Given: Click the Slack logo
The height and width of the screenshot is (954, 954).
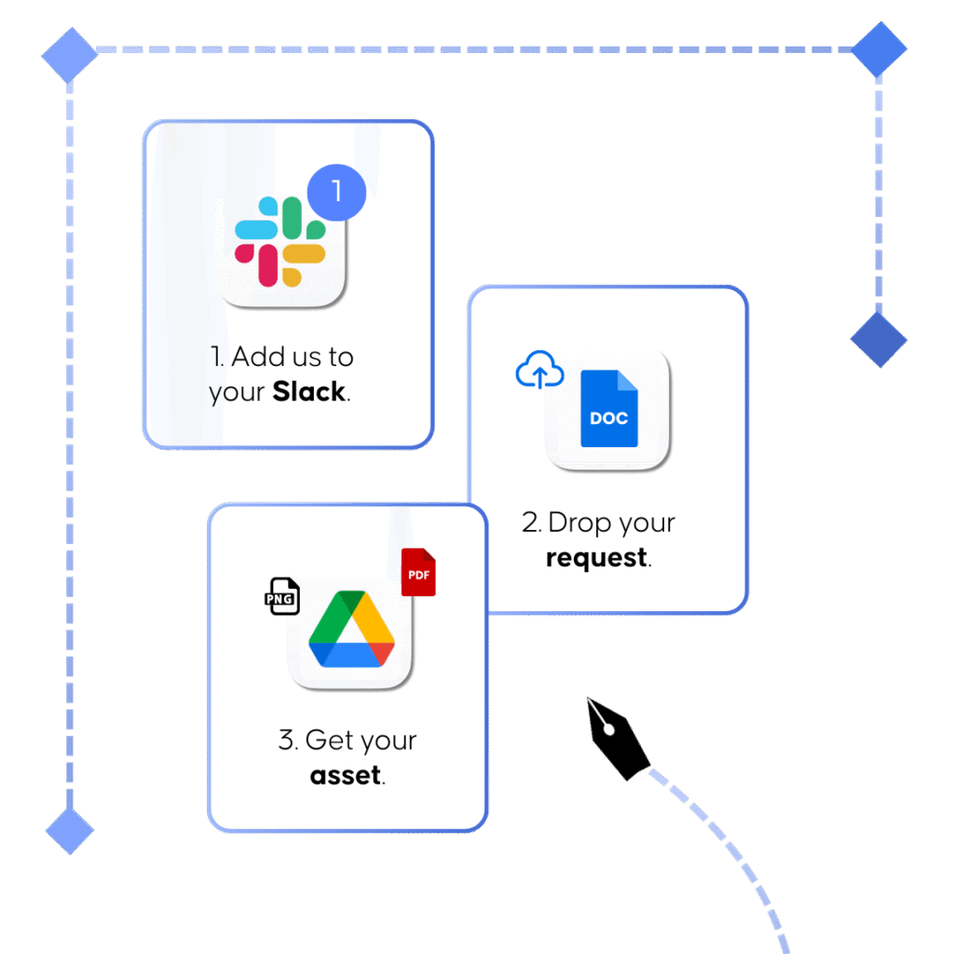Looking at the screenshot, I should [x=279, y=241].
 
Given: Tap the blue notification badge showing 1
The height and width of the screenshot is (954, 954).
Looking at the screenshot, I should [x=336, y=193].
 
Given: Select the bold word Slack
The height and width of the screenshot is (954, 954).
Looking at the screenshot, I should [x=308, y=392].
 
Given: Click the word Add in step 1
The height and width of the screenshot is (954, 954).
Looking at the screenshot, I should [x=257, y=357].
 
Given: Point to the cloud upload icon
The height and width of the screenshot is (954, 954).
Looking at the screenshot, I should [x=540, y=370].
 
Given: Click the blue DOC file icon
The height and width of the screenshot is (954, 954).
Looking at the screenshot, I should [x=608, y=408].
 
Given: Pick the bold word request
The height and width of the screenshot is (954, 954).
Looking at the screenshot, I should [x=595, y=558].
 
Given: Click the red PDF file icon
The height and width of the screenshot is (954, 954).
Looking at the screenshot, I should [x=418, y=572].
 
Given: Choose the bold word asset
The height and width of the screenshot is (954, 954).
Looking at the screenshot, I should [x=345, y=775].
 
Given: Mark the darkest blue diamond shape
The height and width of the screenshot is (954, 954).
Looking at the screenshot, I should [x=878, y=339].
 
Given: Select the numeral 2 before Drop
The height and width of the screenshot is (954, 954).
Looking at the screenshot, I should [x=531, y=523].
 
